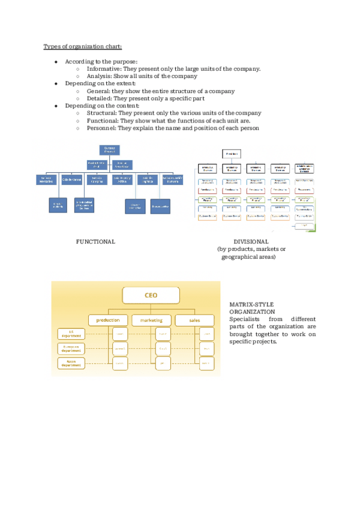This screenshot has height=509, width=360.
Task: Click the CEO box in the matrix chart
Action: point(151,295)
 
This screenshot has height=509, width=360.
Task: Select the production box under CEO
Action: point(109,320)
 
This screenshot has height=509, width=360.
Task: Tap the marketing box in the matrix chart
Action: point(151,320)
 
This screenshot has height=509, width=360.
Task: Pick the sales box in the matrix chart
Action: point(194,320)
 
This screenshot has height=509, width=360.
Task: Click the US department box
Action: point(71,334)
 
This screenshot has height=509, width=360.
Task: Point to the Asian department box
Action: point(71,363)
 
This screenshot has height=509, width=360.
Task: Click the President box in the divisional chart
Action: point(231,154)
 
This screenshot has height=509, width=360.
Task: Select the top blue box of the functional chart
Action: point(109,150)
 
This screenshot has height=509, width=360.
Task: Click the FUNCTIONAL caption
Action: point(95,241)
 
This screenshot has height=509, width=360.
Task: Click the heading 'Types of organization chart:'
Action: point(83,46)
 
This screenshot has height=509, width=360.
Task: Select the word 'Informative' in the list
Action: point(103,68)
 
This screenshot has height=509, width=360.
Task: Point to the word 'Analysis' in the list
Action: point(98,76)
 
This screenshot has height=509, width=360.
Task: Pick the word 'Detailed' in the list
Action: point(100,98)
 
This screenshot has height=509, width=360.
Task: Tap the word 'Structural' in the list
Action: point(101,113)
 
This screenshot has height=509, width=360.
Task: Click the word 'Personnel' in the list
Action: point(101,127)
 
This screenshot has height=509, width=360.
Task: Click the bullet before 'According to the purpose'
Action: point(56,61)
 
